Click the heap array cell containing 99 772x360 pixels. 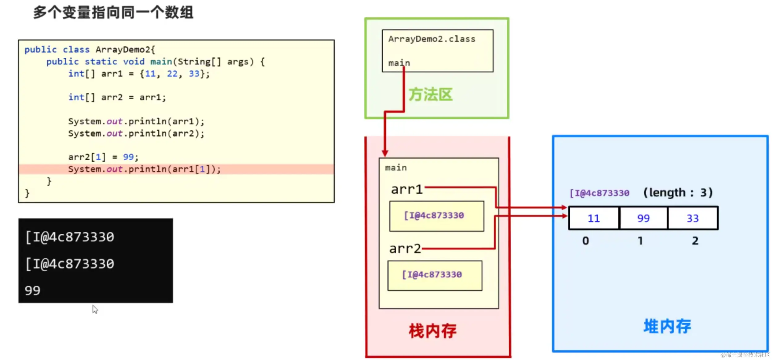(x=643, y=218)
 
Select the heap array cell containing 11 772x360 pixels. (x=594, y=218)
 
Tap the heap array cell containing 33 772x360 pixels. (x=693, y=218)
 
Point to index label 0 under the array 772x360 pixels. (x=585, y=241)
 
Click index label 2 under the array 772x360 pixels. (x=695, y=241)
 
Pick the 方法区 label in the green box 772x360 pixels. (x=430, y=94)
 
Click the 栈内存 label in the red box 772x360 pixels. (x=432, y=331)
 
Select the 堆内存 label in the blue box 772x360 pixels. (x=667, y=326)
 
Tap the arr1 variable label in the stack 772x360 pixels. (x=407, y=189)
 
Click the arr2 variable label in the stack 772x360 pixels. (x=405, y=249)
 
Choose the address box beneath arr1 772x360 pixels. (x=436, y=216)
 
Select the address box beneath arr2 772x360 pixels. (x=434, y=275)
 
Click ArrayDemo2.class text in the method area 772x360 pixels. (x=432, y=39)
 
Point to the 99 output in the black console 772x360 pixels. (x=33, y=291)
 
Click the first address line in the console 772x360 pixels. (x=70, y=237)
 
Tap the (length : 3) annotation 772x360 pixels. (x=678, y=193)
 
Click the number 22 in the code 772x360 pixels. (x=172, y=74)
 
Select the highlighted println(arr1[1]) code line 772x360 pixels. (x=145, y=169)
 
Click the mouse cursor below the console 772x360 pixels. (x=95, y=309)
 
